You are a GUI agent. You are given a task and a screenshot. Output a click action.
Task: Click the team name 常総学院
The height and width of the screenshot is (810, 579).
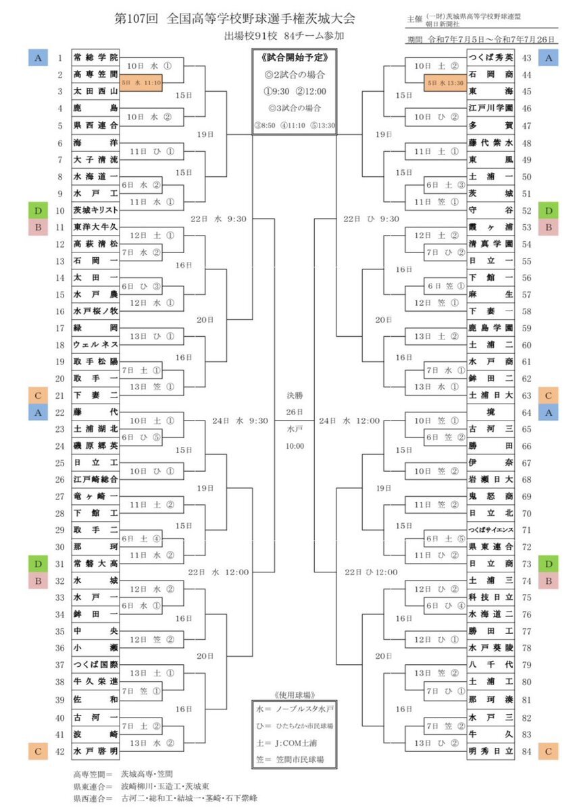click(95, 58)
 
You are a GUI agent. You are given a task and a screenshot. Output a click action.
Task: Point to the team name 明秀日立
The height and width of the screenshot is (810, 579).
click(490, 750)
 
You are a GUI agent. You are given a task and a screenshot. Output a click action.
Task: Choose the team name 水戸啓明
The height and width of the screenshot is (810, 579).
click(95, 750)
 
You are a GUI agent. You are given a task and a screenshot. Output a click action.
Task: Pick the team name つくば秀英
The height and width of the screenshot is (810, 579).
click(490, 58)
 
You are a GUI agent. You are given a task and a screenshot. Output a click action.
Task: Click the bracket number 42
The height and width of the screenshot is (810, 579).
click(59, 750)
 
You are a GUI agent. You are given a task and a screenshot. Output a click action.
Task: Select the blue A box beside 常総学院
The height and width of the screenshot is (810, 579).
click(37, 58)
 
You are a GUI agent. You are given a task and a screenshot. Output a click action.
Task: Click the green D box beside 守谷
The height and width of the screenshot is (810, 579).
click(549, 210)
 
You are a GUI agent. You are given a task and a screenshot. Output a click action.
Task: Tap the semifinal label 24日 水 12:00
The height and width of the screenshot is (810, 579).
click(351, 421)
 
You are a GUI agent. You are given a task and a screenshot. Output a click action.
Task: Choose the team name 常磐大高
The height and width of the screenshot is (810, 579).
click(95, 564)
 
